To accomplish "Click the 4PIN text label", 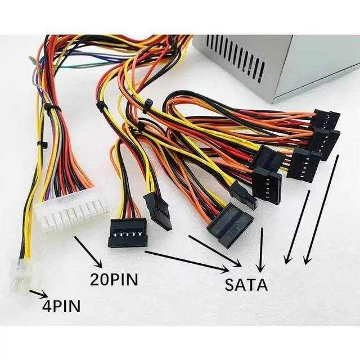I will pyautogui.click(x=61, y=306).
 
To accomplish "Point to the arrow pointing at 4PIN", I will pyautogui.click(x=38, y=293).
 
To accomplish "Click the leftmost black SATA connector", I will pyautogui.click(x=128, y=232).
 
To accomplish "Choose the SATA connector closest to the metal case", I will pyautogui.click(x=327, y=120).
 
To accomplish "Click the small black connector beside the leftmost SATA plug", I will pyautogui.click(x=158, y=211).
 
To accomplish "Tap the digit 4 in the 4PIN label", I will pyautogui.click(x=47, y=306).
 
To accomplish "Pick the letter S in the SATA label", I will pyautogui.click(x=229, y=284).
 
